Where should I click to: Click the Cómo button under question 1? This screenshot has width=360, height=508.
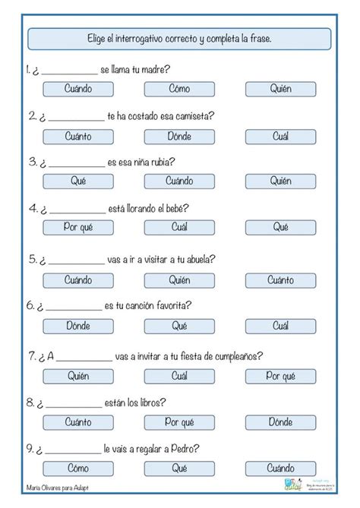coord(179,89)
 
